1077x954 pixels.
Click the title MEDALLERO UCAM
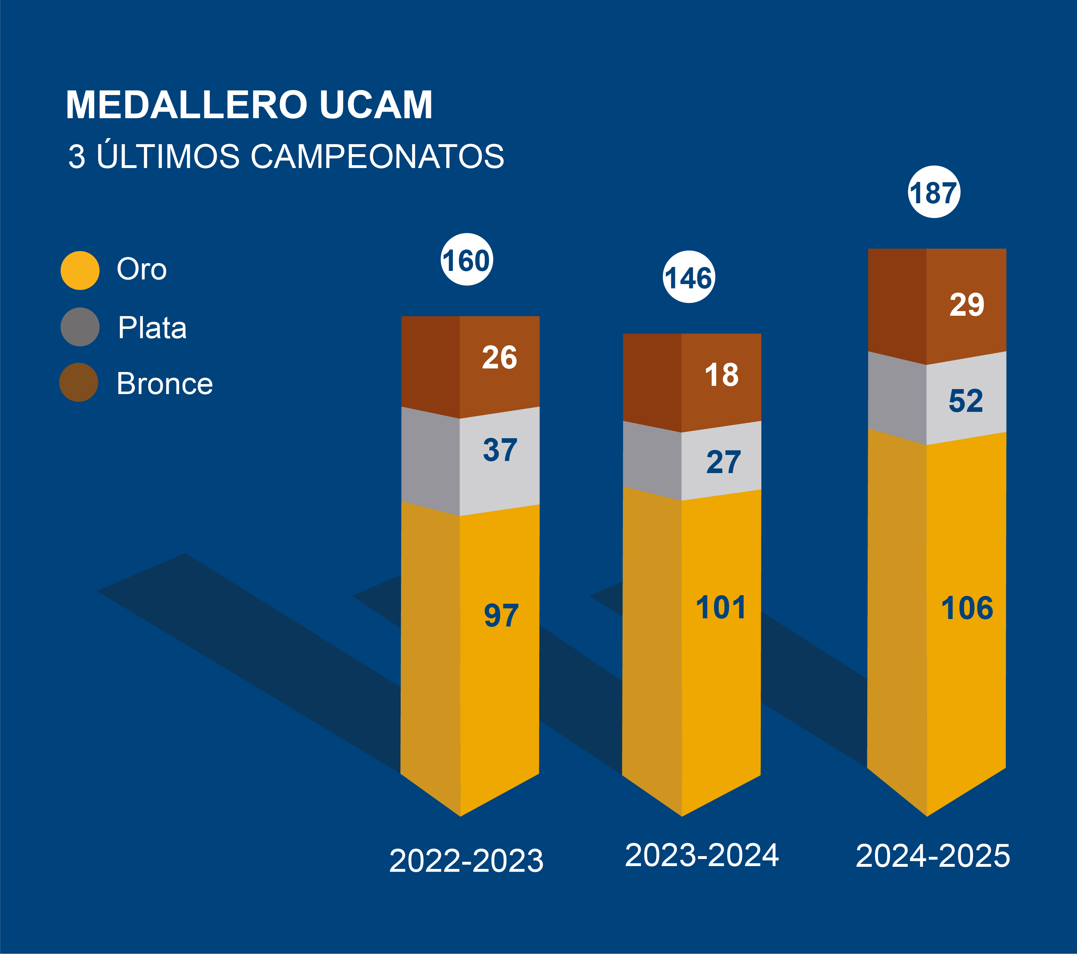click(249, 105)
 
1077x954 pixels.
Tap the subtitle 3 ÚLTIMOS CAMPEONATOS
click(286, 157)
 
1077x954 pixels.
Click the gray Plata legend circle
click(80, 327)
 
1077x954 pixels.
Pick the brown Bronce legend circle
click(79, 382)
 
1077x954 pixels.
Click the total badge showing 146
click(689, 277)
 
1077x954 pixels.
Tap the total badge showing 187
click(934, 192)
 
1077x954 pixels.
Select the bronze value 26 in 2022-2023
click(500, 358)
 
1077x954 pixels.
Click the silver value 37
click(500, 450)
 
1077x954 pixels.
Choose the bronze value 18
click(721, 375)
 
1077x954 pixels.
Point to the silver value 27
click(723, 462)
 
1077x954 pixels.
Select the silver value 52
click(966, 400)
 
